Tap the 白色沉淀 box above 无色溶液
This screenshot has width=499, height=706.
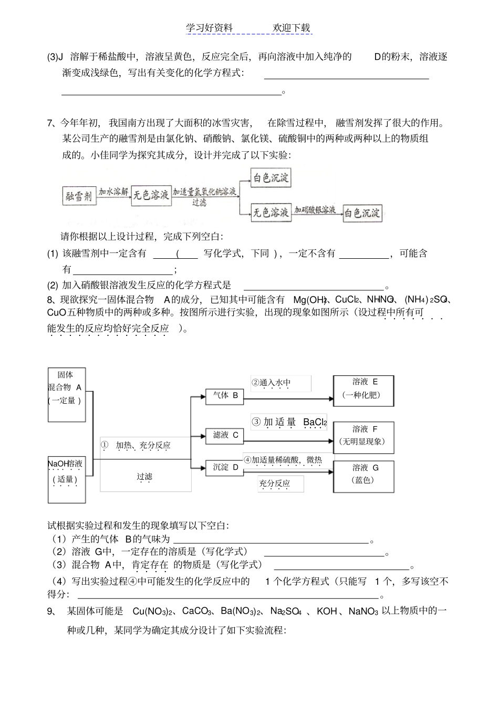[271, 178]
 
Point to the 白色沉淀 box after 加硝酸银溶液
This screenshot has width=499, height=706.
[363, 213]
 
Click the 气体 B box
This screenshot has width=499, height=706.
[225, 396]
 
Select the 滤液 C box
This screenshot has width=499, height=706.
[225, 435]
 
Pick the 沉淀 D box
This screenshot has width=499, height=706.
[225, 467]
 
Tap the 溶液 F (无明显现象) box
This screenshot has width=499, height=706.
[363, 436]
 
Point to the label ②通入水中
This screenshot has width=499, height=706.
[271, 383]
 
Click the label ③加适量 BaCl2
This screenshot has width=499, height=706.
[289, 422]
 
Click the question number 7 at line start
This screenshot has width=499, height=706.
[50, 123]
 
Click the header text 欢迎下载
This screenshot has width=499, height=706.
[292, 28]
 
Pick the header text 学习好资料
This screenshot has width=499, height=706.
[209, 28]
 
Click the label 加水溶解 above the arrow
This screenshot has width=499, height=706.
[113, 192]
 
